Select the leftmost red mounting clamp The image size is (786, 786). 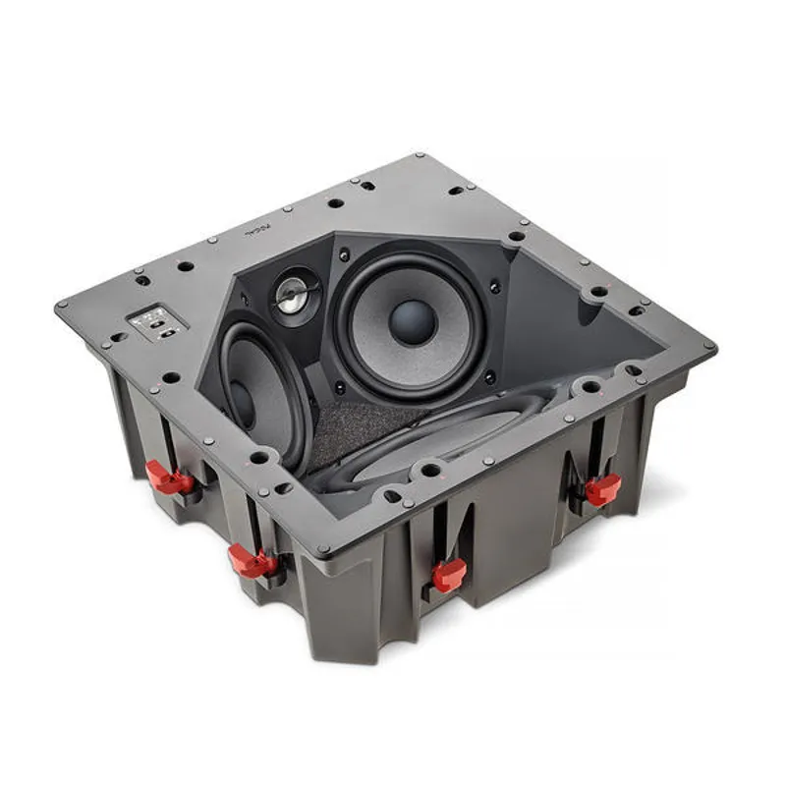tap(169, 478)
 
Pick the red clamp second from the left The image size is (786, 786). tap(253, 561)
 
